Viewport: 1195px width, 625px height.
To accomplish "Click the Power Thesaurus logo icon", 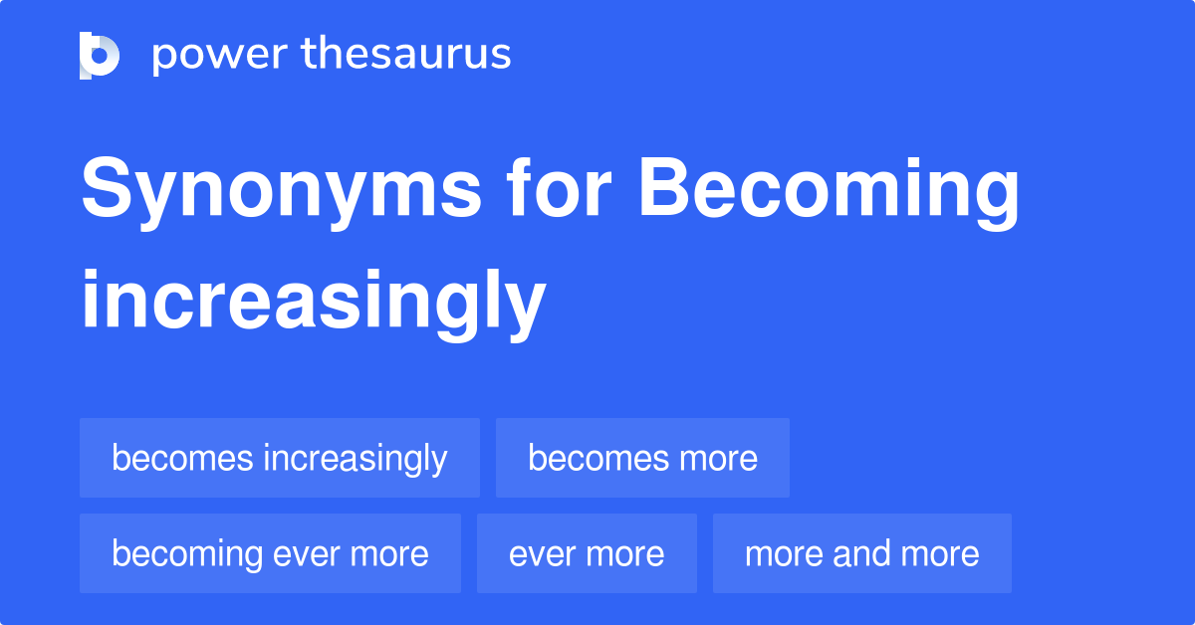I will point(100,55).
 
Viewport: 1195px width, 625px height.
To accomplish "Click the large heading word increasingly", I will point(313,300).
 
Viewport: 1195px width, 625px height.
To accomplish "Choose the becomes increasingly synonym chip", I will point(279,458).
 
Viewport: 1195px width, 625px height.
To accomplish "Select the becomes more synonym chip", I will point(642,458).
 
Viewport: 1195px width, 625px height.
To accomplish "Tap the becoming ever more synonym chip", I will point(270,553).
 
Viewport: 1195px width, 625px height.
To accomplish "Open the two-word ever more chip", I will point(587,553).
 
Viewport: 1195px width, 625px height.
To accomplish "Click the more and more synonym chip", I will point(861,553).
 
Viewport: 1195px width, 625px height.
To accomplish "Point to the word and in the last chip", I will point(862,553).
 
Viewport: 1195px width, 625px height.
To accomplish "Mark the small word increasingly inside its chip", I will point(355,459).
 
